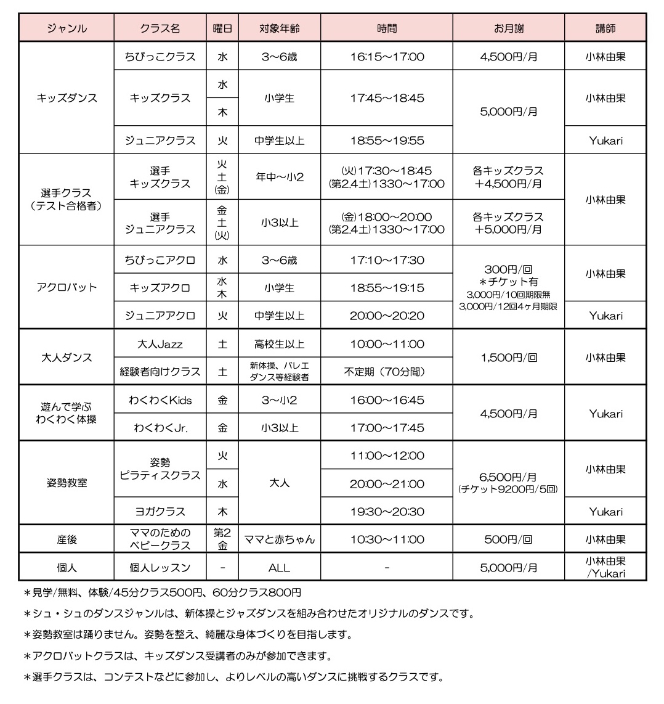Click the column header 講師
(x=605, y=28)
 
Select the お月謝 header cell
(x=508, y=28)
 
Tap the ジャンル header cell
(x=67, y=28)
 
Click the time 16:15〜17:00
(x=387, y=57)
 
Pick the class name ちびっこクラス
(x=160, y=57)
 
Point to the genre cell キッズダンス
(x=67, y=98)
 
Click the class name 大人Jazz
(x=160, y=344)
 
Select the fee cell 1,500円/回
(x=508, y=358)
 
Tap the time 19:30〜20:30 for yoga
(x=387, y=512)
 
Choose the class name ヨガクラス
(x=160, y=512)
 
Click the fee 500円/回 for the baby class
(x=508, y=539)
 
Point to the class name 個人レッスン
(x=160, y=568)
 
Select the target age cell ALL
(x=279, y=568)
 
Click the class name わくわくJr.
(x=160, y=428)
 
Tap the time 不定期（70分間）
(x=387, y=372)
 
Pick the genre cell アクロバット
(x=67, y=287)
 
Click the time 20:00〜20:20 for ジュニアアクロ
(x=387, y=316)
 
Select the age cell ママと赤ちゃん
(x=279, y=539)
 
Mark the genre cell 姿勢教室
(x=67, y=483)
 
